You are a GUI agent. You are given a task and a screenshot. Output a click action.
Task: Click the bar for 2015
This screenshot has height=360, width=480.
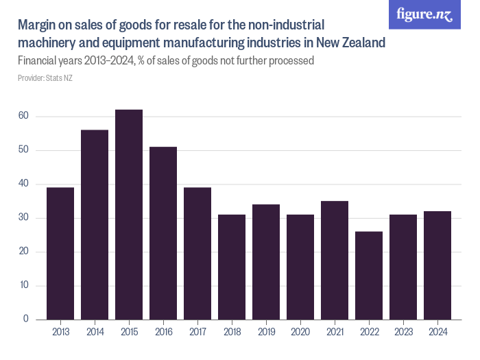[x=129, y=215]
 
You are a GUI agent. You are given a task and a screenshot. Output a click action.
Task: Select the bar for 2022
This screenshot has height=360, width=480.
[x=369, y=276]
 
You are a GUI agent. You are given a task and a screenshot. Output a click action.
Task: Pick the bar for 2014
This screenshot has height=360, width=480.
[x=95, y=225]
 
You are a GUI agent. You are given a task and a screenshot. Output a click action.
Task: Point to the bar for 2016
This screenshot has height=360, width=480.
[x=163, y=233]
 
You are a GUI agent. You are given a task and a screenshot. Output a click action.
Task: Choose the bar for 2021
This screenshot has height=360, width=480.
[x=335, y=261]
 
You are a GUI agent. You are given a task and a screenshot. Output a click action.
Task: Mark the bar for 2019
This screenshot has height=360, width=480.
[x=266, y=262]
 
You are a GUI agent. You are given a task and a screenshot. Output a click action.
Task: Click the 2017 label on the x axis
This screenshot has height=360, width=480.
[x=197, y=332]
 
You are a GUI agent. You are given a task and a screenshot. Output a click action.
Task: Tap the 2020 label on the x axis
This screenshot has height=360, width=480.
[x=300, y=332]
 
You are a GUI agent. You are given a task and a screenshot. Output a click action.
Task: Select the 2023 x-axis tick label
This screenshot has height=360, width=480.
[x=403, y=332]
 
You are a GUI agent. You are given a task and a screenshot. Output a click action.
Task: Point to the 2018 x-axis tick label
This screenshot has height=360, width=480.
[x=232, y=332]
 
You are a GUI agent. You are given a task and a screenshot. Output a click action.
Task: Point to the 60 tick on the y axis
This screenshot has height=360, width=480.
[x=23, y=117]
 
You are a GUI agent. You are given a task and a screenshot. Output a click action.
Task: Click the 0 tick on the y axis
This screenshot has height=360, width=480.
[x=25, y=320]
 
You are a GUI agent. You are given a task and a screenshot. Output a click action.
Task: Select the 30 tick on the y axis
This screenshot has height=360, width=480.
[x=23, y=218]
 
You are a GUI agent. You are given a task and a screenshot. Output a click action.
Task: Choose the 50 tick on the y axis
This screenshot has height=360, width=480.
[x=23, y=150]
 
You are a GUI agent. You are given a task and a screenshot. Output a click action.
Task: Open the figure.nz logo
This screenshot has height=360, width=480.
[x=424, y=15]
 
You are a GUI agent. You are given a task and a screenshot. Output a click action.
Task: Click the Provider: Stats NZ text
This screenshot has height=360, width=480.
[x=45, y=78]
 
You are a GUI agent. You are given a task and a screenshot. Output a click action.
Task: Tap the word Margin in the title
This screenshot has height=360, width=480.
[x=38, y=25]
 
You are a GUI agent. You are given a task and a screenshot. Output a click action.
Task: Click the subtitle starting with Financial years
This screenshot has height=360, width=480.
[x=165, y=60]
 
